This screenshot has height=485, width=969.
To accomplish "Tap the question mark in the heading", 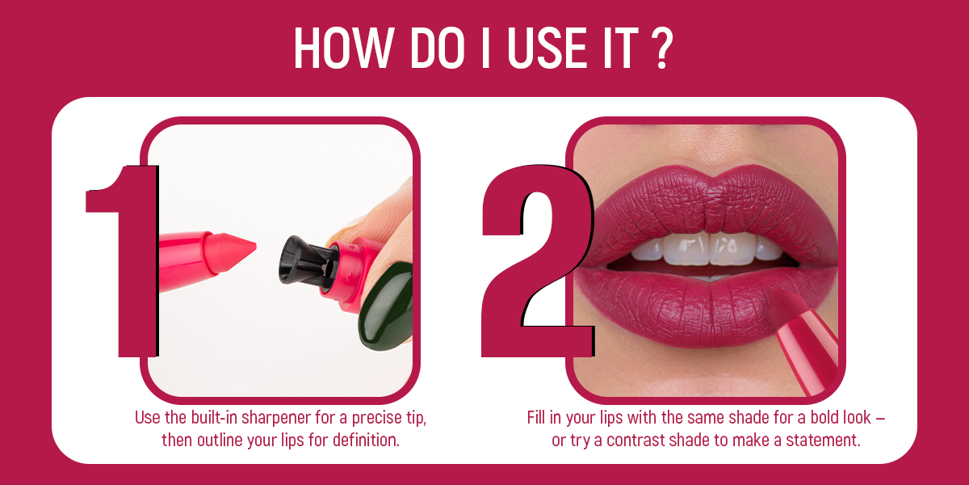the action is tap(662, 48).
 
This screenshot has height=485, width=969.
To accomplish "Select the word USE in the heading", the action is tap(547, 48).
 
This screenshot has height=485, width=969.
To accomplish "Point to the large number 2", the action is tap(538, 261).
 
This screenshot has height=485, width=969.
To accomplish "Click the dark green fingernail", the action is tap(386, 306).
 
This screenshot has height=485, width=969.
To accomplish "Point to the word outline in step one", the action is tap(220, 441).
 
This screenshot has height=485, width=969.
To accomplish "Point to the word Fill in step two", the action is tap(536, 418).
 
